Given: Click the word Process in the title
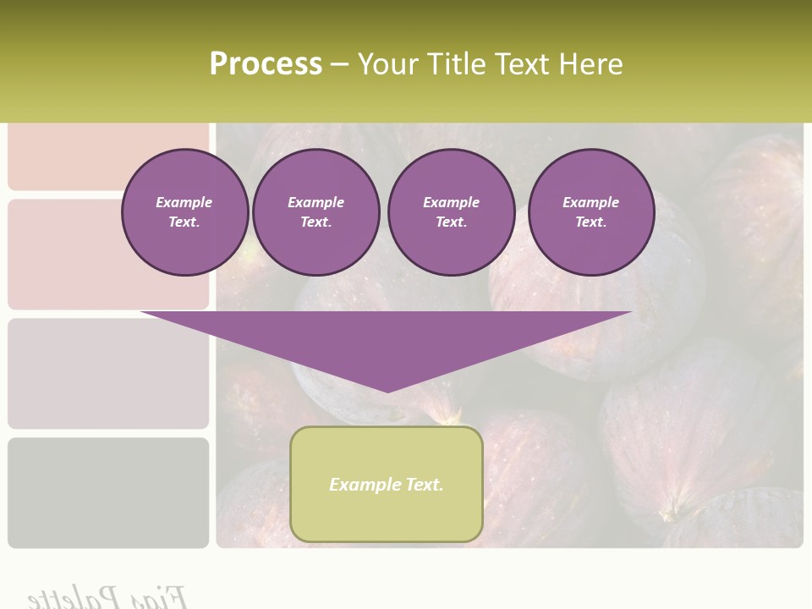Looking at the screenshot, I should tap(266, 63).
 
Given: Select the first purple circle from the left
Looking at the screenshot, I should tap(184, 212).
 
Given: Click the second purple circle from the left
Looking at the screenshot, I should tap(315, 212).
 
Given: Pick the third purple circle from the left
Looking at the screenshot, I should tap(451, 212).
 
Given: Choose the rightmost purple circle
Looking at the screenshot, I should tap(590, 212).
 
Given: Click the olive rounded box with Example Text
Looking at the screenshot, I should tap(387, 484).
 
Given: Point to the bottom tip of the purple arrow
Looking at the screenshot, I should tap(387, 391).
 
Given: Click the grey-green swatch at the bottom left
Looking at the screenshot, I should tap(108, 492).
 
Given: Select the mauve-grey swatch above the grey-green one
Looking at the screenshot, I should tap(108, 373).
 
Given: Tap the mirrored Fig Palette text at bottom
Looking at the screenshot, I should tap(108, 597).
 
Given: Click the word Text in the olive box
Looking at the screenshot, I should tap(424, 485).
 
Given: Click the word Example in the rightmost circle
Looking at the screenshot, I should tap(590, 202).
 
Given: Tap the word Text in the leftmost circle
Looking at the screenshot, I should tap(184, 222).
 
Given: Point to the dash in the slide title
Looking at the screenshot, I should tap(339, 63).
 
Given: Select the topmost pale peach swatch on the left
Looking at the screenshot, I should tap(108, 156).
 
